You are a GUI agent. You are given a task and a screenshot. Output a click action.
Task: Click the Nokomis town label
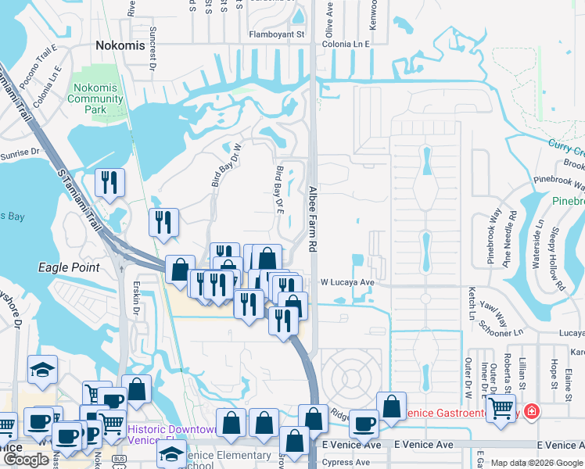(x=120, y=45)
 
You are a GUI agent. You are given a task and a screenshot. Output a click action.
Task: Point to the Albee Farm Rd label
(x=313, y=219)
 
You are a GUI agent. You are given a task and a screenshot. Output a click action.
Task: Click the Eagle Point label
(x=70, y=267)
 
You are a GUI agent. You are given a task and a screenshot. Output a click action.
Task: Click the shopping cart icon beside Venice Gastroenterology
(x=501, y=406)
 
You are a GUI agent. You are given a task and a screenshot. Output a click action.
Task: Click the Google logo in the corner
(x=26, y=459)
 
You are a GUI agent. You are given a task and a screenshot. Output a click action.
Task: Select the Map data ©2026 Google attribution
(x=537, y=463)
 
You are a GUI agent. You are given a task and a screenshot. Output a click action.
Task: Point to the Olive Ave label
(x=329, y=20)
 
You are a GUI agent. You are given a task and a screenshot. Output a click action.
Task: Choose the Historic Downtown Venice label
(x=172, y=435)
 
